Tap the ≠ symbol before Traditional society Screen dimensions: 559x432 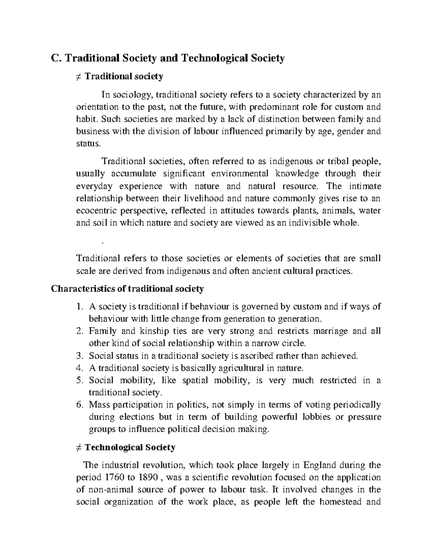click(x=79, y=76)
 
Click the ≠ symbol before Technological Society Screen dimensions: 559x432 click(x=79, y=447)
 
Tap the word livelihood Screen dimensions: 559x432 click(x=204, y=198)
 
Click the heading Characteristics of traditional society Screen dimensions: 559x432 click(x=127, y=289)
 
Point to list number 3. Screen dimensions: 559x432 click(x=80, y=356)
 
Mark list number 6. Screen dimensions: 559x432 click(x=80, y=405)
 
